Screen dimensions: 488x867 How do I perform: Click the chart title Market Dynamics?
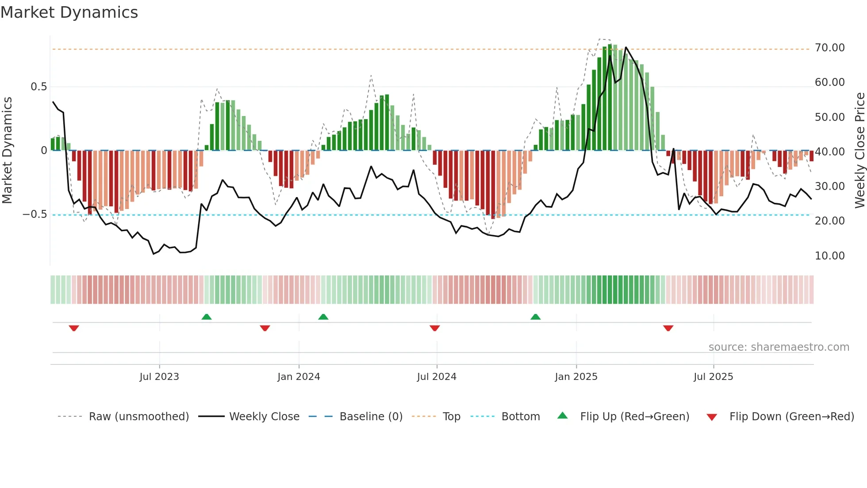click(69, 12)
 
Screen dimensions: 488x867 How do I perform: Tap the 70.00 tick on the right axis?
click(829, 48)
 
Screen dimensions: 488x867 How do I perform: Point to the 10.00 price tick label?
click(829, 256)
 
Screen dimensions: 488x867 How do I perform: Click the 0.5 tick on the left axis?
click(38, 87)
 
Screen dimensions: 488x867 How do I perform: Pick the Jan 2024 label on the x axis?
click(299, 377)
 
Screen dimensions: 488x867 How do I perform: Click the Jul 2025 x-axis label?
click(713, 377)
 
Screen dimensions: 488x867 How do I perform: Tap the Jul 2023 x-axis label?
click(159, 377)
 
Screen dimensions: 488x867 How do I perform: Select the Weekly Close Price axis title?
click(859, 151)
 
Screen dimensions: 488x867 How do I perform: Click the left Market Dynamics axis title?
click(7, 151)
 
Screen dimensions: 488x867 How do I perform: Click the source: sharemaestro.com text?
click(779, 347)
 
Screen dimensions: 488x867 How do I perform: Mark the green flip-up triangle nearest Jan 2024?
click(323, 317)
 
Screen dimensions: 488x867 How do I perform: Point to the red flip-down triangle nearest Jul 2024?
click(435, 328)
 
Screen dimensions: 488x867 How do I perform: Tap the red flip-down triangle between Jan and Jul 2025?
click(668, 328)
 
